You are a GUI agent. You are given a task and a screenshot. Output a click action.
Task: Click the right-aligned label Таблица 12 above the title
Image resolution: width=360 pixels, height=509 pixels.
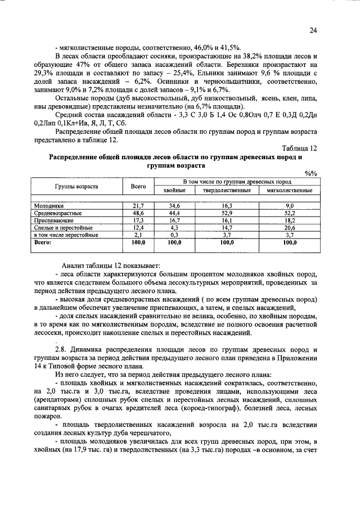point(300,148)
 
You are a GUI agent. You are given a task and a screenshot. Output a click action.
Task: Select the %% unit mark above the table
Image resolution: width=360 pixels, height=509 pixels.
point(310,174)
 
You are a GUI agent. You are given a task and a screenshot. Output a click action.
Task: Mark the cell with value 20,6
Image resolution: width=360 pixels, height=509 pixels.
point(289,227)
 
